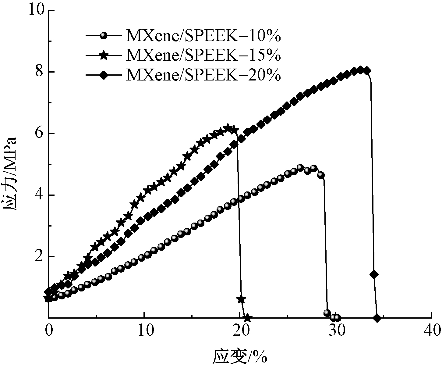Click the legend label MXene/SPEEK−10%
(203, 36)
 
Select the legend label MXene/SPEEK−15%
(203, 55)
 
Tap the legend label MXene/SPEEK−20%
(203, 75)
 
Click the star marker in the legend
(104, 55)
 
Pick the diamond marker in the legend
(104, 75)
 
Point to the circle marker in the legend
(104, 36)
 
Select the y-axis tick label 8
(40, 72)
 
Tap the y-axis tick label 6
(40, 134)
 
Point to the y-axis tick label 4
(40, 195)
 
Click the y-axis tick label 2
(40, 257)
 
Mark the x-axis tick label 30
(336, 330)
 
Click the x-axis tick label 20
(240, 330)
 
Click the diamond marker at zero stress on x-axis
(377, 318)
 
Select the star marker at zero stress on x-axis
(247, 318)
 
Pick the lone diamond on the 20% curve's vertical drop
(374, 274)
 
